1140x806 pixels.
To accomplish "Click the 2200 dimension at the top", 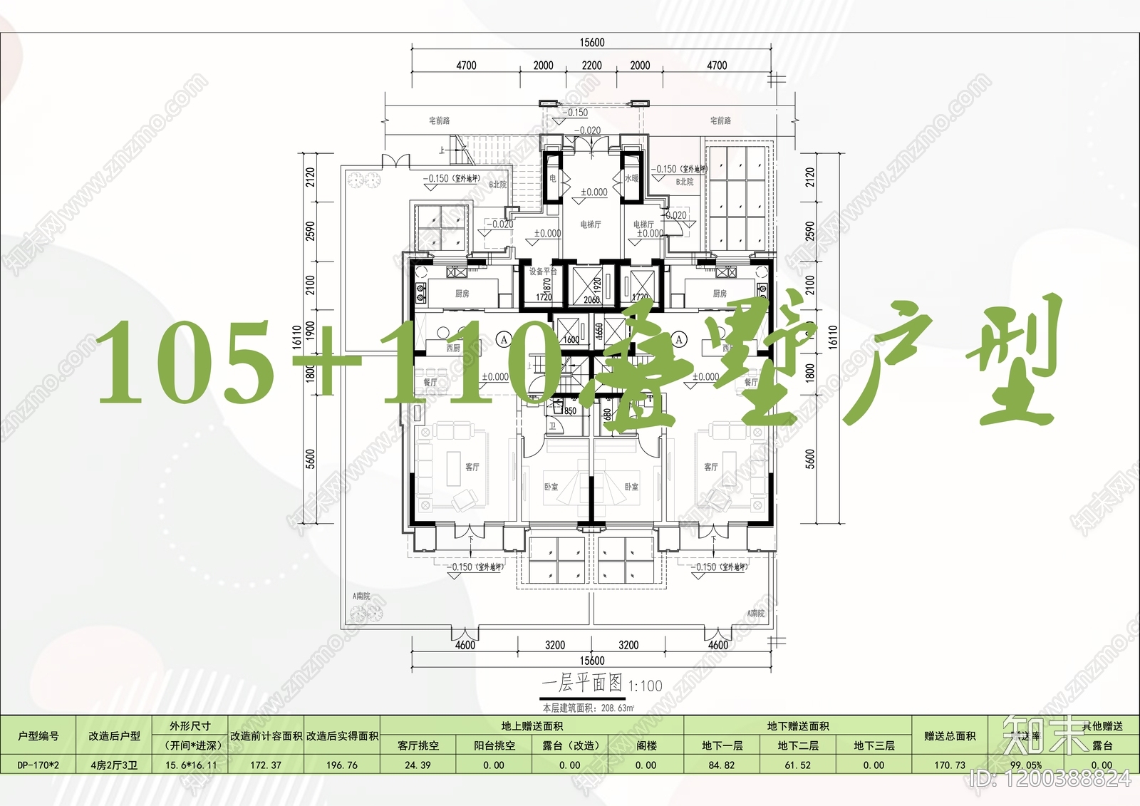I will click(591, 66).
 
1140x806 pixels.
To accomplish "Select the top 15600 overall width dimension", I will click(591, 43).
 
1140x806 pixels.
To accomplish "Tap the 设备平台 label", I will click(543, 272).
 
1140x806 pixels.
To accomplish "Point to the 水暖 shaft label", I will click(631, 179).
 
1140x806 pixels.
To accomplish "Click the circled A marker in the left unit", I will click(504, 339).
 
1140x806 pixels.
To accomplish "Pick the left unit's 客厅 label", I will click(472, 467).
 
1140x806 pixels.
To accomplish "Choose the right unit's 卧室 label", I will click(631, 487).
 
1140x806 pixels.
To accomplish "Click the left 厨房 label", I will click(462, 294).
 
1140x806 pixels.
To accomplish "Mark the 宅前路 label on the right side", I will click(720, 120).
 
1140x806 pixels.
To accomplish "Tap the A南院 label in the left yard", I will click(361, 596).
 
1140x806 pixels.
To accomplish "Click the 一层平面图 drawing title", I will click(581, 683).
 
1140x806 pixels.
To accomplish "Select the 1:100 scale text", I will click(646, 686).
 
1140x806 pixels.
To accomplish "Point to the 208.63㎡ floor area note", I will click(617, 708).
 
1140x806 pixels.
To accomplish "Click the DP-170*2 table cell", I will click(38, 765).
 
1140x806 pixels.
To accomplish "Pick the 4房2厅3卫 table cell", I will click(115, 765).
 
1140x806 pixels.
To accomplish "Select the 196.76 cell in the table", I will click(342, 765).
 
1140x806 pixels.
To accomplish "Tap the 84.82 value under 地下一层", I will click(722, 765).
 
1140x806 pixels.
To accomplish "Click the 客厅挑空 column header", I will click(418, 745).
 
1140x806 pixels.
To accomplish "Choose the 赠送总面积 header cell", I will click(950, 735).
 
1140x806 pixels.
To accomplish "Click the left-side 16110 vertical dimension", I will click(297, 338).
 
